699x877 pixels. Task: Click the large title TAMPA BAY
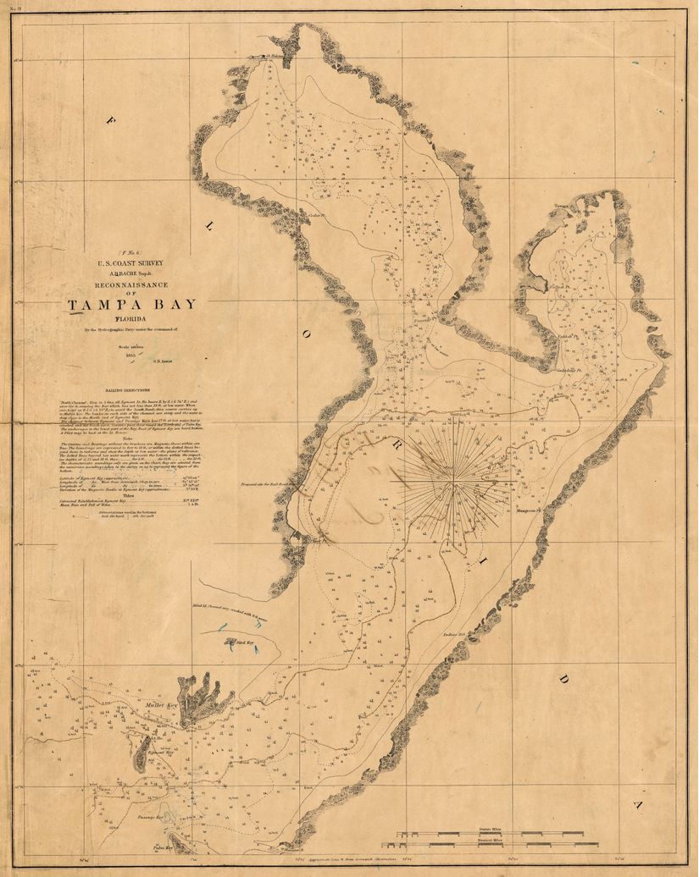coord(131,305)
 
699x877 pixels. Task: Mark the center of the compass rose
coord(454,483)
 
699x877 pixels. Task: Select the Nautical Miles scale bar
coord(491,844)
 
